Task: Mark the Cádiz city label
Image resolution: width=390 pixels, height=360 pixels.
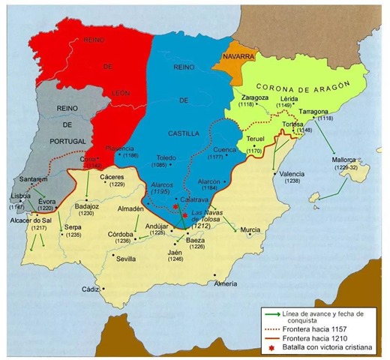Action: [91, 289]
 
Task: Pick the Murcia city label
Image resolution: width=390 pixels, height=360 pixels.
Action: [250, 228]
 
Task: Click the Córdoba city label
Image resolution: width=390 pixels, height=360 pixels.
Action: [118, 233]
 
